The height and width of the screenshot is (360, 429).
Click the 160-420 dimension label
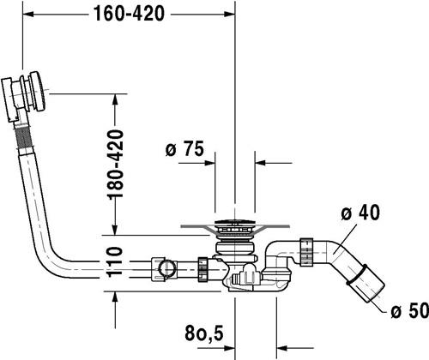pos(130,14)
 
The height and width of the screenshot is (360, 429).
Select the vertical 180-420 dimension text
pos(115,164)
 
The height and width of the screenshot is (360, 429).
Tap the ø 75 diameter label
pos(184,148)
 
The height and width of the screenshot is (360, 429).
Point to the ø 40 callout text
pos(360,213)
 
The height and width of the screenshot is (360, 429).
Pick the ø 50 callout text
pos(410,310)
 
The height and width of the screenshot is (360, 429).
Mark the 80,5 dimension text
pos(204,333)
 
